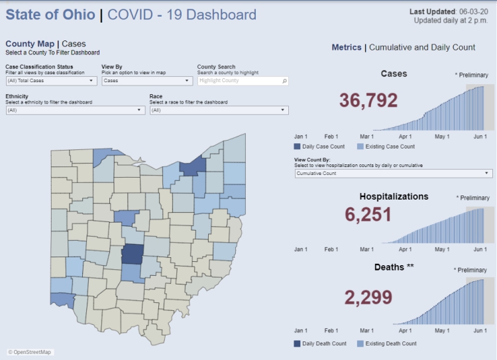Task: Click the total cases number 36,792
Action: pyautogui.click(x=368, y=100)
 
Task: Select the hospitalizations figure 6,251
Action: pyautogui.click(x=368, y=215)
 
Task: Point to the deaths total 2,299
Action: pyautogui.click(x=368, y=298)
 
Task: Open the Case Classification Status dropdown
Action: pyautogui.click(x=52, y=81)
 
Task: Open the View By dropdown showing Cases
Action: pyautogui.click(x=147, y=81)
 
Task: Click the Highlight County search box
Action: pyautogui.click(x=243, y=81)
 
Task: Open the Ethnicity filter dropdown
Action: pyautogui.click(x=75, y=110)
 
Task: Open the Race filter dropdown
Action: pyautogui.click(x=219, y=110)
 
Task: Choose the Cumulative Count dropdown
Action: pyautogui.click(x=393, y=173)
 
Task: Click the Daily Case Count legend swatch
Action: pyautogui.click(x=297, y=147)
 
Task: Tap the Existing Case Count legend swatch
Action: pyautogui.click(x=360, y=147)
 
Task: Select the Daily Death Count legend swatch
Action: pyautogui.click(x=297, y=343)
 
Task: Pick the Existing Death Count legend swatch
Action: pyautogui.click(x=360, y=343)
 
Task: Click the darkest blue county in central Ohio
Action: pyautogui.click(x=133, y=255)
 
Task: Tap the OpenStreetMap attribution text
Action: pyautogui.click(x=30, y=352)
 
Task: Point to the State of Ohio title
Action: pyautogui.click(x=50, y=15)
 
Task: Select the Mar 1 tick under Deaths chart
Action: pyautogui.click(x=366, y=330)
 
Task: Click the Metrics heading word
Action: pyautogui.click(x=347, y=48)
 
